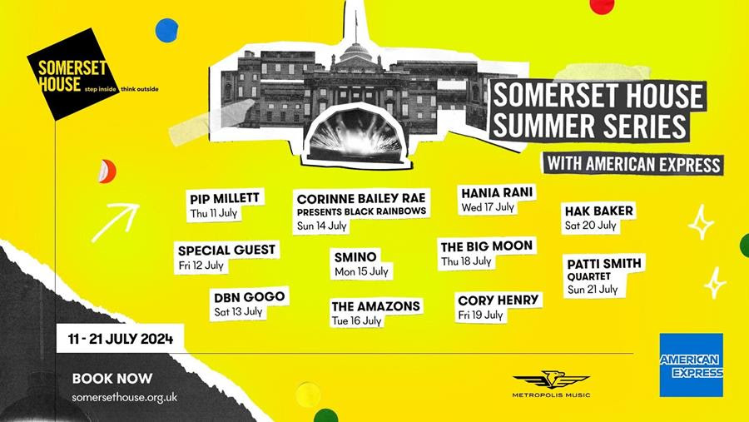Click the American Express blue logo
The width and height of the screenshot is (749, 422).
click(691, 365)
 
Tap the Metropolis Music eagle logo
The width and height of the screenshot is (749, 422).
click(551, 380)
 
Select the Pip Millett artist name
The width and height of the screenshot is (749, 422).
click(225, 198)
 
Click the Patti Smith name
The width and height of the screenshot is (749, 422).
click(604, 263)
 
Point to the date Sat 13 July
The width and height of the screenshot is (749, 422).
click(238, 311)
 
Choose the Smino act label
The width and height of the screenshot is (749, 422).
click(355, 257)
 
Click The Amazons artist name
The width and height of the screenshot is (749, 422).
click(376, 305)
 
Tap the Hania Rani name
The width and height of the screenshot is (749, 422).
click(497, 192)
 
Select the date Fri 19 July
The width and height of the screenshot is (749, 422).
click(480, 315)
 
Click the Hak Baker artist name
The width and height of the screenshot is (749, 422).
click(598, 211)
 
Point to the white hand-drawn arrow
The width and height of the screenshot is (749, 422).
click(116, 222)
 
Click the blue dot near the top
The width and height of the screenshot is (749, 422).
click(166, 30)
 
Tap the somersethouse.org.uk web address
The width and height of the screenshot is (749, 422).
click(125, 397)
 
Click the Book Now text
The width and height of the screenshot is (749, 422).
click(112, 379)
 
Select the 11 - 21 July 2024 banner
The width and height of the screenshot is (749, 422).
click(121, 339)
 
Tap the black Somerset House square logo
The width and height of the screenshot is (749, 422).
click(72, 74)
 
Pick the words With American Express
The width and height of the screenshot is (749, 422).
click(633, 164)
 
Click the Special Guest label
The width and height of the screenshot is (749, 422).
click(226, 250)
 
